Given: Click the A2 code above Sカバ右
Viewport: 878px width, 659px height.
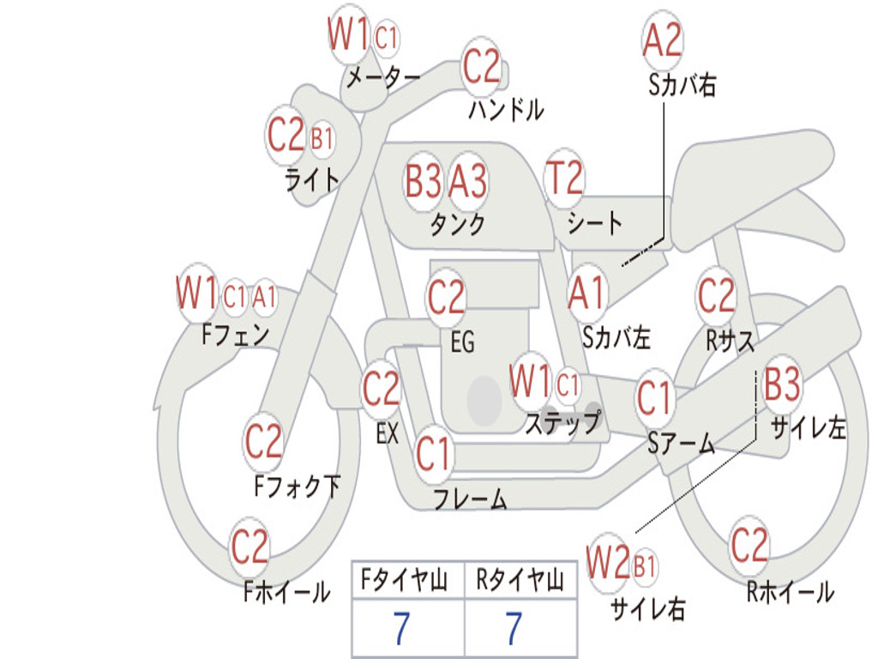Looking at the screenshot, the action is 663,40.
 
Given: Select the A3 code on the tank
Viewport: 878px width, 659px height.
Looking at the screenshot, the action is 467,181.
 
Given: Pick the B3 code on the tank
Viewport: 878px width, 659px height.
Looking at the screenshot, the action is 423,181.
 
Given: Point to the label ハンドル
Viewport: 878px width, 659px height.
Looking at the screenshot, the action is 506,110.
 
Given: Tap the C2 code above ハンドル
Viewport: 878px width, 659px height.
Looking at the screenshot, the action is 481,66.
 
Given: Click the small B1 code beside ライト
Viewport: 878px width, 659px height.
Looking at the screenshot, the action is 322,138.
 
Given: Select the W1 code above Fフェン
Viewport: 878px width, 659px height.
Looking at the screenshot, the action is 196,292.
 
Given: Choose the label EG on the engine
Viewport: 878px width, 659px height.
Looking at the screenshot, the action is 462,342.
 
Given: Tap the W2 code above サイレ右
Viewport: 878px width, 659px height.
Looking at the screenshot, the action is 608,561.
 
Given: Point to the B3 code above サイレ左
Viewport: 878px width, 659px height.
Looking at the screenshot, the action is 782,384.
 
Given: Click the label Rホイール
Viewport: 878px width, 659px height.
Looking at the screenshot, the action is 790,592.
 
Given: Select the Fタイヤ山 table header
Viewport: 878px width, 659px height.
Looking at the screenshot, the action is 405,581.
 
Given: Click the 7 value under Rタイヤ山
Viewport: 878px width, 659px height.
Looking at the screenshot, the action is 514,627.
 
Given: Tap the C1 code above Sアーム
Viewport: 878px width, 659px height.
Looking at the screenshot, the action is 653,398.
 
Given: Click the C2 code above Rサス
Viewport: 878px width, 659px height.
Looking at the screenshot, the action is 716,295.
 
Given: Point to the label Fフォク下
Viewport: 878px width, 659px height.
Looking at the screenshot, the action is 298,486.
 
